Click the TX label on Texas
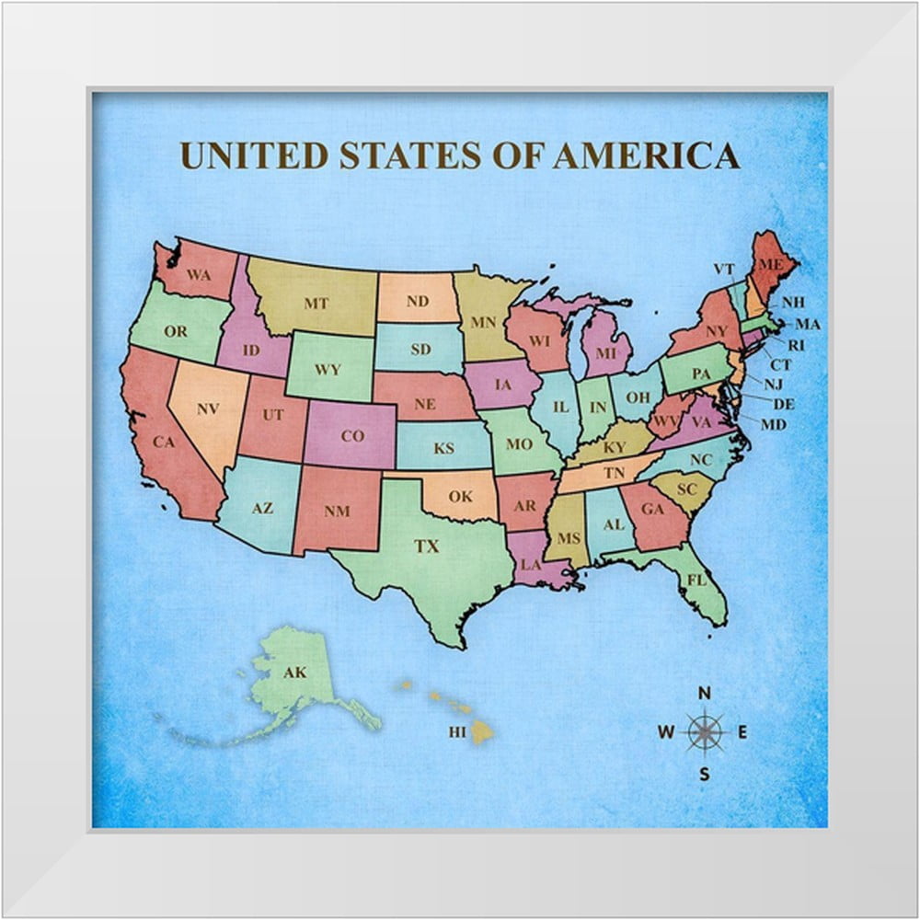point(426,546)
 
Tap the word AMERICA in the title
point(646,155)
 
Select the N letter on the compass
point(705,694)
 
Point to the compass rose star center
point(705,732)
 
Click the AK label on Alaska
point(294,673)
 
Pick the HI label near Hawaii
point(457,732)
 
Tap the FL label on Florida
point(696,581)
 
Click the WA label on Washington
point(200,273)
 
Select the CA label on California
point(164,443)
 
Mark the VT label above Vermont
point(724,269)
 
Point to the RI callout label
point(797,345)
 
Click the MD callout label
point(775,424)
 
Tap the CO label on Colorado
point(352,436)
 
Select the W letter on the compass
point(666,732)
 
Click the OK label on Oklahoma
point(460,497)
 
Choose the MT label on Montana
point(316,303)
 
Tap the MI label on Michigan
point(604,352)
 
